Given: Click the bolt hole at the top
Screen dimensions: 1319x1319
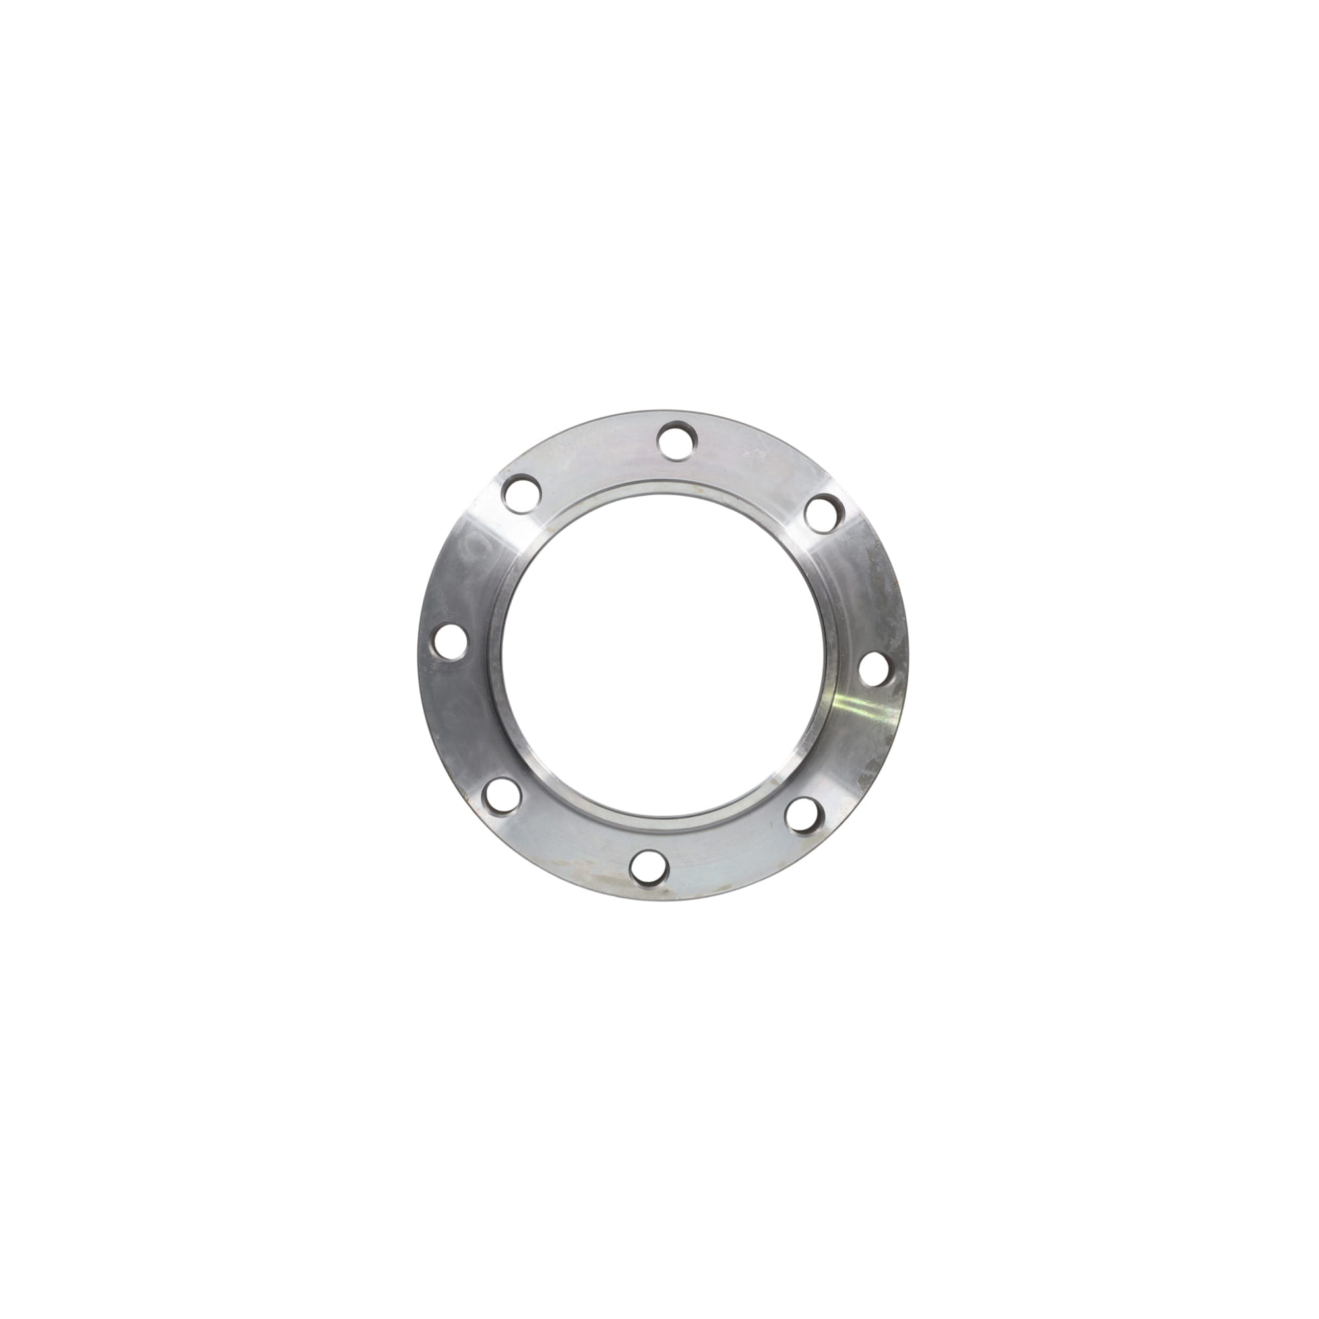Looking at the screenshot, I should click(x=678, y=441).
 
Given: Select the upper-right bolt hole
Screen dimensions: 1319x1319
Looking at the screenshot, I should click(x=822, y=513).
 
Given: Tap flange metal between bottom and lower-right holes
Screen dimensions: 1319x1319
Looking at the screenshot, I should click(x=731, y=853).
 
